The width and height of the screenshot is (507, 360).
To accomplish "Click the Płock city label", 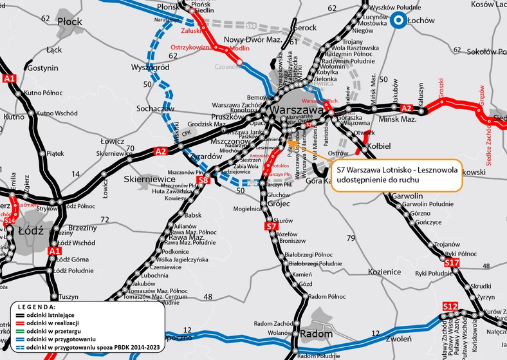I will (70, 21).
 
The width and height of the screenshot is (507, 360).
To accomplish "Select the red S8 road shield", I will (203, 181).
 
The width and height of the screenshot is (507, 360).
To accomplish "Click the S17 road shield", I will (452, 263).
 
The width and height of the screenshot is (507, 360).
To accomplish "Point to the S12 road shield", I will (450, 305).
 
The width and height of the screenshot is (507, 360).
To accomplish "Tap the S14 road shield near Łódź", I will (10, 221).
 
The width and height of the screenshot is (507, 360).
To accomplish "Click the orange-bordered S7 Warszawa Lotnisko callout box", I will (396, 176).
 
